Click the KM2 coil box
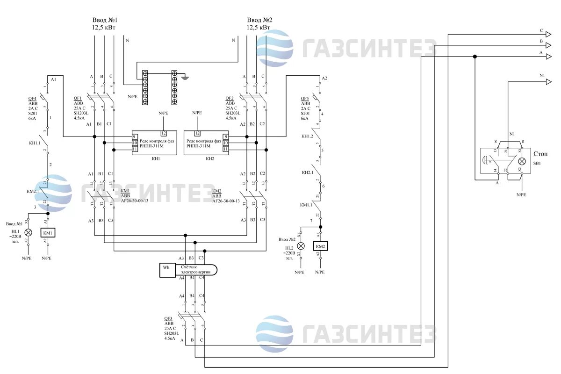[320, 246]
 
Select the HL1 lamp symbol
[28, 232]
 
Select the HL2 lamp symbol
[301, 246]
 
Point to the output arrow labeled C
[548, 34]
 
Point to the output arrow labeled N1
[548, 81]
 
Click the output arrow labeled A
[548, 57]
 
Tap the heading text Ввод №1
[104, 20]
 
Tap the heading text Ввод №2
[259, 20]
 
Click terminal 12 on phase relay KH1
[164, 133]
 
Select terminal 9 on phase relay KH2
[225, 137]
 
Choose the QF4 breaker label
[32, 99]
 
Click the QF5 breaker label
[305, 99]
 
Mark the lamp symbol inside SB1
[522, 161]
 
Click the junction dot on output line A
[475, 57]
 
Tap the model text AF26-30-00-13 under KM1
[135, 201]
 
